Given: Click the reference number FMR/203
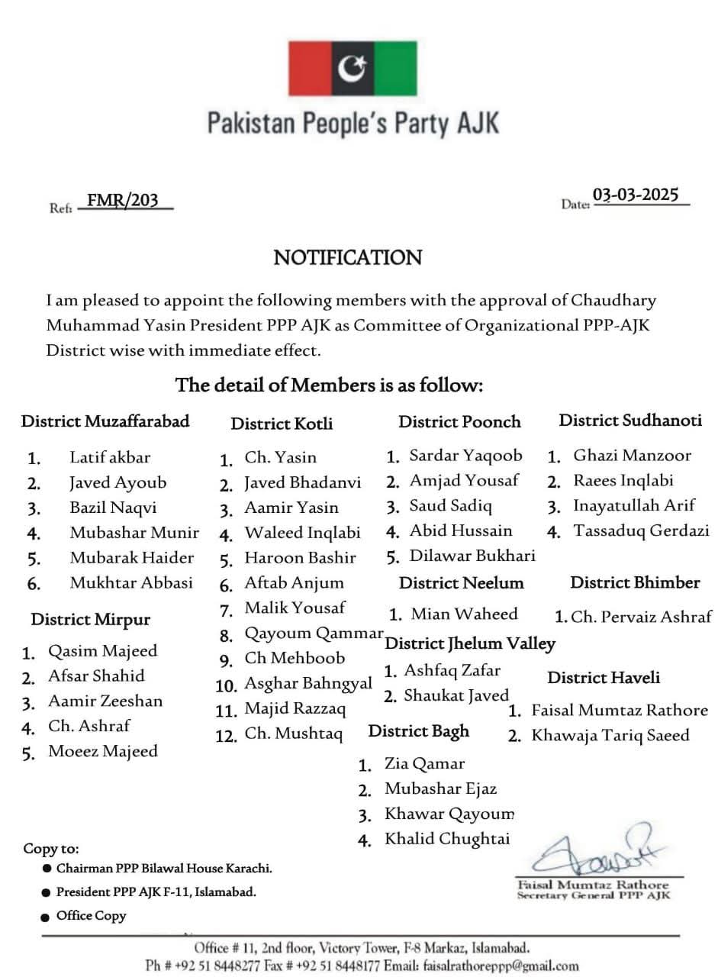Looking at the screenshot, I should pyautogui.click(x=123, y=201).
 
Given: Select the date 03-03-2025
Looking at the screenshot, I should pyautogui.click(x=636, y=195).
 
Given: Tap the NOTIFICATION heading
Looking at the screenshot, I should pyautogui.click(x=348, y=258).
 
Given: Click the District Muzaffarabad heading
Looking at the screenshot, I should pyautogui.click(x=105, y=421).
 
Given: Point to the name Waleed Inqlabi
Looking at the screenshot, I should pyautogui.click(x=302, y=533).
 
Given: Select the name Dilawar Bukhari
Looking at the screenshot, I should pyautogui.click(x=472, y=556).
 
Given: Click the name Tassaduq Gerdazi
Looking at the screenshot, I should pyautogui.click(x=641, y=530).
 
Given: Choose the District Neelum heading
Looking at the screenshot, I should pyautogui.click(x=461, y=583).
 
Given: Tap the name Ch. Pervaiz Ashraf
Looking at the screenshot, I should pyautogui.click(x=641, y=617).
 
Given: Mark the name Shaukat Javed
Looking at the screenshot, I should pyautogui.click(x=456, y=695).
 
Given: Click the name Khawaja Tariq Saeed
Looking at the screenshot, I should pyautogui.click(x=610, y=736).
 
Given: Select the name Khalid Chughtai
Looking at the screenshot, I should pyautogui.click(x=446, y=839).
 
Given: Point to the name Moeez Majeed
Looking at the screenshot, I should pyautogui.click(x=103, y=751).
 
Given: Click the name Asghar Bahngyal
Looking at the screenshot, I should pyautogui.click(x=308, y=683).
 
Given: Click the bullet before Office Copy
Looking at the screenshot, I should pyautogui.click(x=47, y=916).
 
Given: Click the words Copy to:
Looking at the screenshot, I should pyautogui.click(x=51, y=849).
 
